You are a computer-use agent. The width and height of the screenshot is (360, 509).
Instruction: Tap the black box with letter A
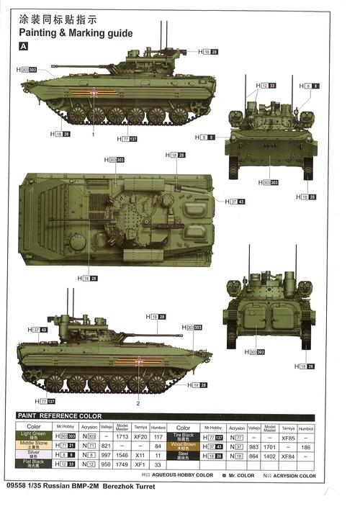(x=24, y=46)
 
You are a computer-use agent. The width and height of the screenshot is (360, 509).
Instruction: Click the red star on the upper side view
(x=93, y=92)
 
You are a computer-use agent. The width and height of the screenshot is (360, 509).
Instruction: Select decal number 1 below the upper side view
(x=93, y=135)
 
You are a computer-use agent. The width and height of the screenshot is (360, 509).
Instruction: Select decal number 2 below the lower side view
(x=138, y=403)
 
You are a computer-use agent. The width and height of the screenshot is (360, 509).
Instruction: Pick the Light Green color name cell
(x=34, y=436)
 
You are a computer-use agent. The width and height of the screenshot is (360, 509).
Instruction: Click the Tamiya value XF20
(x=140, y=436)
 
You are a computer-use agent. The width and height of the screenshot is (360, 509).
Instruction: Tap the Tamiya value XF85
(x=288, y=437)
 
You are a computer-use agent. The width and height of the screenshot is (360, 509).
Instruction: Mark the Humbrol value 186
(x=306, y=446)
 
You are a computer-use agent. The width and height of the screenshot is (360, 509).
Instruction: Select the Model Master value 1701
(x=269, y=446)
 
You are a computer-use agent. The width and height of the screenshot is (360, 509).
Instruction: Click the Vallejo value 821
(x=105, y=446)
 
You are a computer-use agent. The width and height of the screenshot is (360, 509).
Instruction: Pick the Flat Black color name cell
(x=34, y=464)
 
